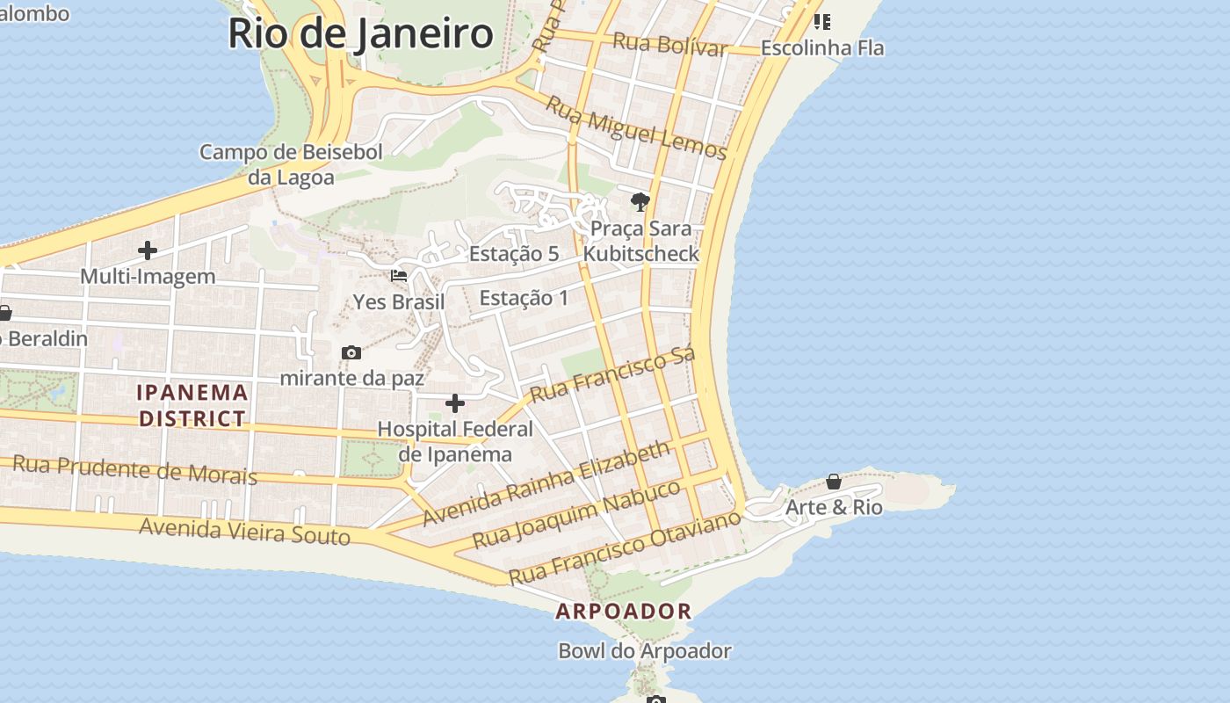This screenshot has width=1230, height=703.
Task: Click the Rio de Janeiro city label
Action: [x=360, y=33]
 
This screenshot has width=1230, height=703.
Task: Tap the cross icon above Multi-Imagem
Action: [x=148, y=251]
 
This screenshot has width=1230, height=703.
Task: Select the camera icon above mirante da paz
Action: [x=351, y=353]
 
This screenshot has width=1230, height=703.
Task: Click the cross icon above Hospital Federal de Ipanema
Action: [x=455, y=403]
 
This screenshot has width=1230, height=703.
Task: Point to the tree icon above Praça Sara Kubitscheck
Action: [x=640, y=202]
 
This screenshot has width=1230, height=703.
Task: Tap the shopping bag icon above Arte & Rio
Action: [x=834, y=482]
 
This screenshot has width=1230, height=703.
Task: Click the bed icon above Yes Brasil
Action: [x=399, y=276]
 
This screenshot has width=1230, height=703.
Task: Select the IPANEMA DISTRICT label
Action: [x=192, y=405]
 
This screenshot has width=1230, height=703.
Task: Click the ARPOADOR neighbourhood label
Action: [x=624, y=611]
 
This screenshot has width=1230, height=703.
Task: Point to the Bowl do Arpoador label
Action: [x=645, y=651]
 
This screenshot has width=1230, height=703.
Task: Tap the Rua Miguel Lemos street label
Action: [x=637, y=128]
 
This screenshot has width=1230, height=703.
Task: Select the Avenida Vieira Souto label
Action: [x=245, y=530]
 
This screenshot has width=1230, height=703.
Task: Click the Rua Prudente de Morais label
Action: [x=134, y=469]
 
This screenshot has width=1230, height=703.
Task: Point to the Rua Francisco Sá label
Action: [x=612, y=374]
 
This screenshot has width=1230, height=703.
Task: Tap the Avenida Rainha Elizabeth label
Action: [x=546, y=484]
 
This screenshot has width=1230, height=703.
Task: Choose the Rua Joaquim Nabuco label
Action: [x=576, y=514]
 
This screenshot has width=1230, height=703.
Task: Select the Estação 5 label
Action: [x=514, y=254]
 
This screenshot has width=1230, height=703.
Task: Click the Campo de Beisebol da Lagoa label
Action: [x=291, y=164]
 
